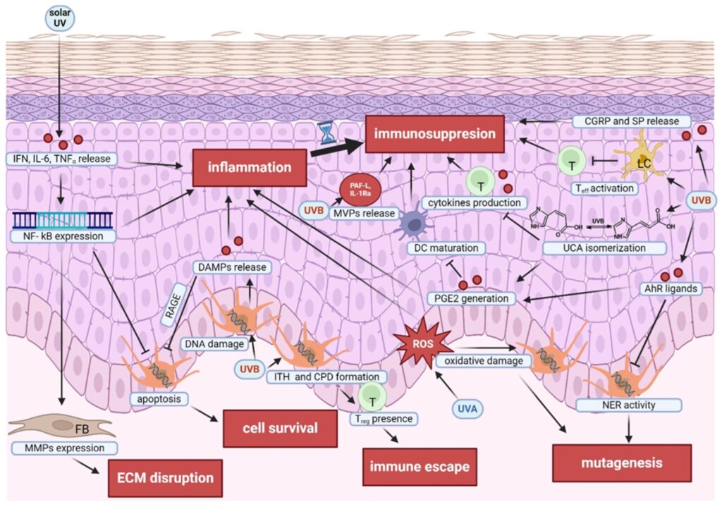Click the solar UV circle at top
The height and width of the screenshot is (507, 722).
tap(60, 18)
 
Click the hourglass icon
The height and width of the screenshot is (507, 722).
tap(325, 132)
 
